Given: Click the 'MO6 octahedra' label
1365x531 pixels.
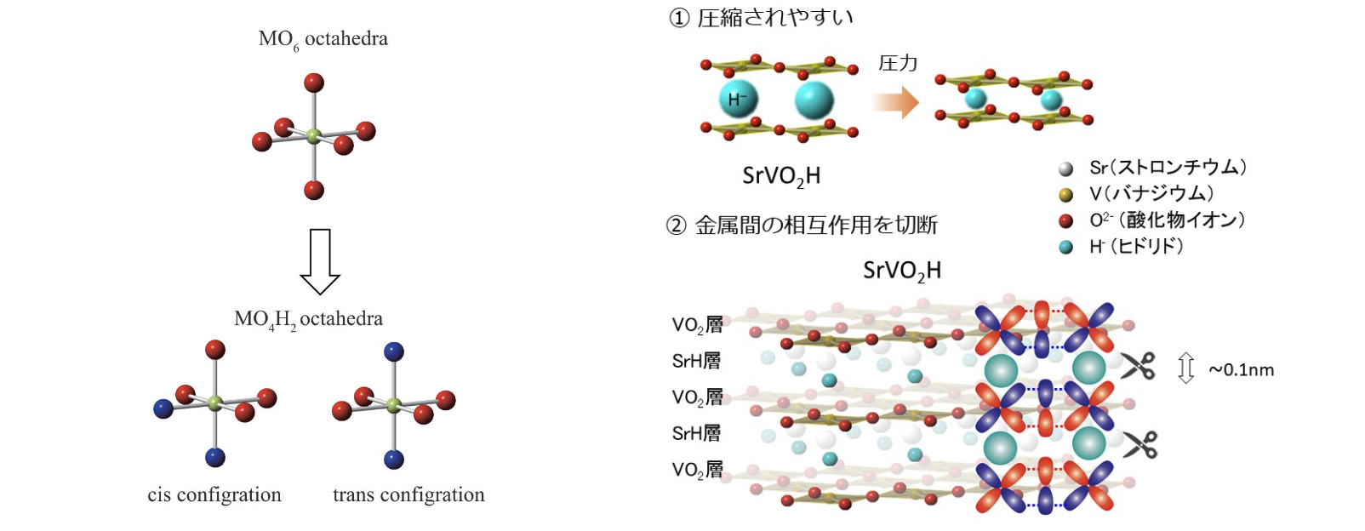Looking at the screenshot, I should [x=323, y=39].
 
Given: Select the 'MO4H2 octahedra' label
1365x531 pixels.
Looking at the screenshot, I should [x=308, y=319].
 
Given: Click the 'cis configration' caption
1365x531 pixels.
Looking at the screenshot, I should [x=214, y=494].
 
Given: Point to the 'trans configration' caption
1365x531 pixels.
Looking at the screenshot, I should [x=408, y=494].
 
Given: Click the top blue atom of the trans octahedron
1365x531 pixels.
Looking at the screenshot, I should [x=393, y=351].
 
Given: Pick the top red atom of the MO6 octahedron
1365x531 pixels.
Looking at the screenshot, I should [x=314, y=83].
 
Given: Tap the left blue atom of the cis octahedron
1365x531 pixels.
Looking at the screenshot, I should [x=163, y=408].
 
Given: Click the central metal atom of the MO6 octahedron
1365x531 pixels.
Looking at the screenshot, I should [x=313, y=136].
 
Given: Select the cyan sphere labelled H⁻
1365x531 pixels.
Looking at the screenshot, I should [x=737, y=100].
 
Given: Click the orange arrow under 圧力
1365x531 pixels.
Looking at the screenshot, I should [x=895, y=103].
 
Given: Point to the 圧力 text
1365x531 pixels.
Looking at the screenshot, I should [x=897, y=64].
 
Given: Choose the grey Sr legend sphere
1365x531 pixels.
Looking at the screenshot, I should [x=1065, y=168].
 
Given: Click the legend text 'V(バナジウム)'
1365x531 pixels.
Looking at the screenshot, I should [x=1151, y=194].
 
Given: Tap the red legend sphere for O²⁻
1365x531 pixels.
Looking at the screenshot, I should [x=1065, y=221].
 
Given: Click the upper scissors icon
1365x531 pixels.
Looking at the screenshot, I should [x=1138, y=366].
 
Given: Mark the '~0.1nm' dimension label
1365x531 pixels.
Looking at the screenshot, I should [x=1241, y=369].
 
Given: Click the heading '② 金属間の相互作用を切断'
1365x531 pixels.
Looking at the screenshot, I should [x=802, y=226].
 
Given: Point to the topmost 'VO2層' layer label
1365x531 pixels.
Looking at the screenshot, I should [x=697, y=324].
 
